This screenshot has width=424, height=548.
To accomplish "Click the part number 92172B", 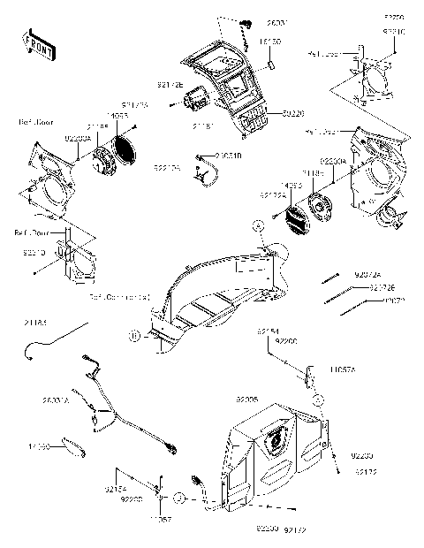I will (x=170, y=86).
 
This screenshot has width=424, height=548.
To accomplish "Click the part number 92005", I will (x=246, y=400).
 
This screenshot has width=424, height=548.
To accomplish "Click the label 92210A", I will (x=167, y=166).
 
